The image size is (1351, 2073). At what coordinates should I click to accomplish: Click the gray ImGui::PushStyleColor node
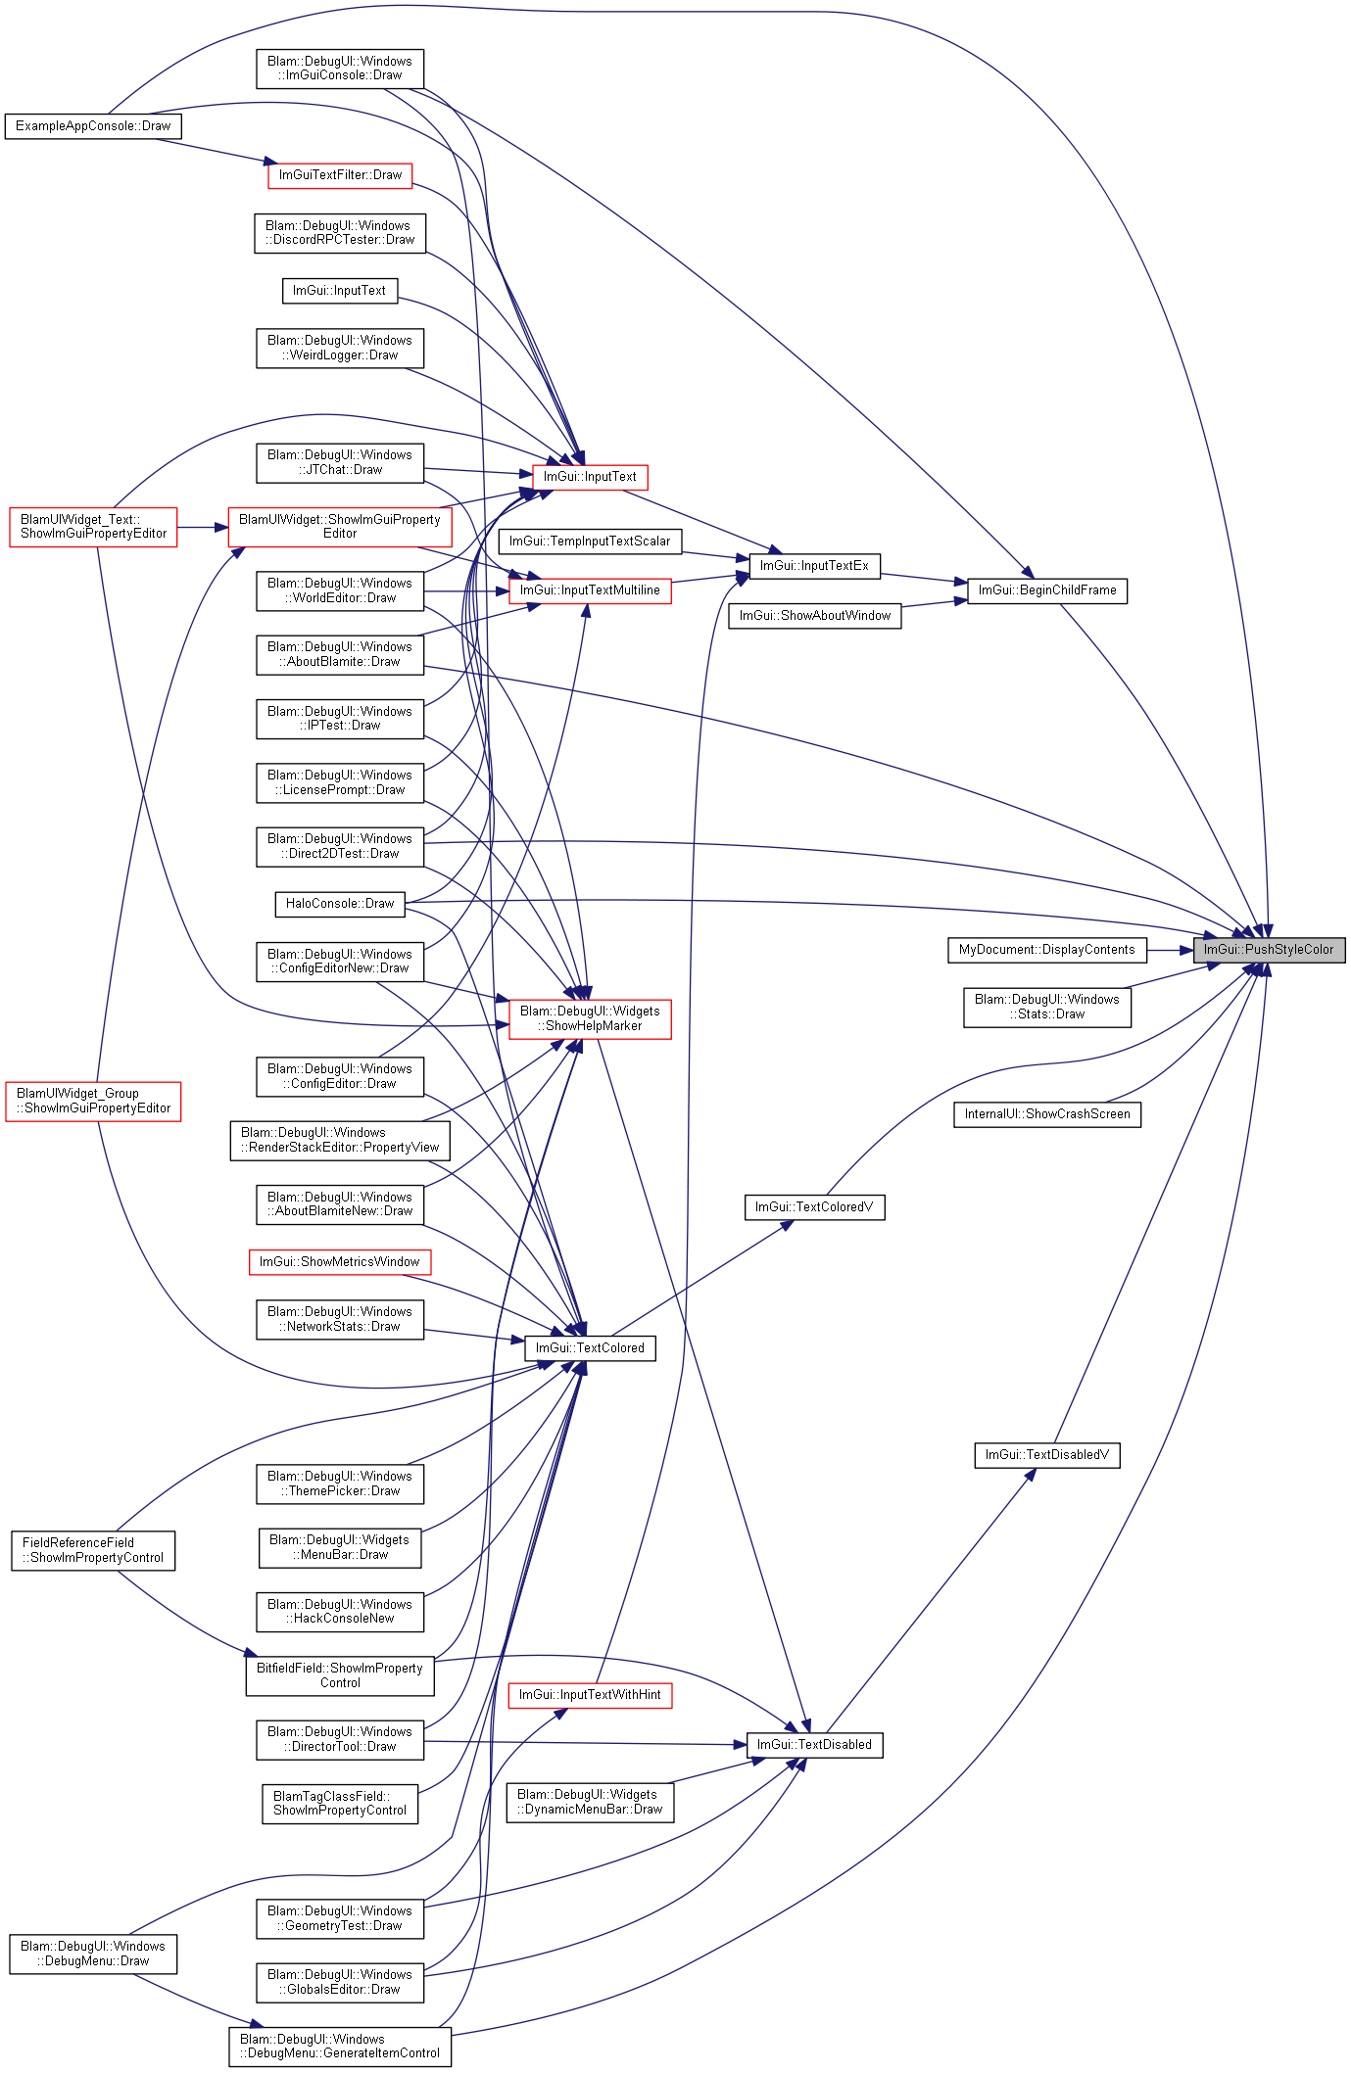click(x=1269, y=950)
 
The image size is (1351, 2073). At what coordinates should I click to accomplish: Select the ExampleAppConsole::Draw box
click(x=93, y=126)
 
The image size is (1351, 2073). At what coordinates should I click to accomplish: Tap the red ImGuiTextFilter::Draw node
click(x=340, y=175)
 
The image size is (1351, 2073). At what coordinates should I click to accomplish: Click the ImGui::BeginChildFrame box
click(x=1047, y=590)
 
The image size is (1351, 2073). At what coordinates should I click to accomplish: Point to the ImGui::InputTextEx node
click(x=814, y=566)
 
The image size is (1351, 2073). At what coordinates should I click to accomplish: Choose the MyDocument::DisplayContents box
click(x=1046, y=950)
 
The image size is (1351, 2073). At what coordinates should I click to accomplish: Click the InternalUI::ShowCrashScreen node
click(x=1047, y=1114)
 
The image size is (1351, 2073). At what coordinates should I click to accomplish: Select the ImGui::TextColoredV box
click(x=814, y=1207)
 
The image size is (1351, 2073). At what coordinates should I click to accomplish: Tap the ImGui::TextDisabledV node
click(x=1047, y=1455)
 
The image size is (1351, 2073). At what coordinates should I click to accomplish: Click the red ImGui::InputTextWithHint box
click(x=590, y=1695)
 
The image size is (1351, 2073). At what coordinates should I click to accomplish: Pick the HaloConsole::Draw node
click(x=340, y=904)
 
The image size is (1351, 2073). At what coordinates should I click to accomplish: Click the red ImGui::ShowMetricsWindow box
click(x=340, y=1262)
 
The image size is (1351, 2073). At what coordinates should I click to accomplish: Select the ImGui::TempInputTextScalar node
click(x=590, y=542)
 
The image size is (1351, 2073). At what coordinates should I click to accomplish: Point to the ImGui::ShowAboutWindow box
click(x=814, y=616)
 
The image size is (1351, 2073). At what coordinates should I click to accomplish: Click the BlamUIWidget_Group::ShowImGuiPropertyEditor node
click(x=93, y=1101)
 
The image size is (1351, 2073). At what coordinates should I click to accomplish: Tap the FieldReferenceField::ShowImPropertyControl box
click(x=93, y=1550)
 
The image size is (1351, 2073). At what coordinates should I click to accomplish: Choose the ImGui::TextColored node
click(x=590, y=1348)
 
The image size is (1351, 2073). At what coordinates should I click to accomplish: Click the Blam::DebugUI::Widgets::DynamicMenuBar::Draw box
click(x=590, y=1802)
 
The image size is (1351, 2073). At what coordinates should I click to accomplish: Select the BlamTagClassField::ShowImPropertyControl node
click(x=340, y=1804)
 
